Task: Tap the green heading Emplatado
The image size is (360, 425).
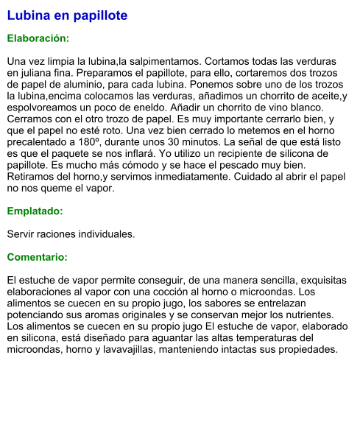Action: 35,211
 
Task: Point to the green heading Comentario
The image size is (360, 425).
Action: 37,258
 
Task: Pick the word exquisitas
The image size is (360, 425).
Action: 320,281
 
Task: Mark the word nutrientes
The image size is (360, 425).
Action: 311,315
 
